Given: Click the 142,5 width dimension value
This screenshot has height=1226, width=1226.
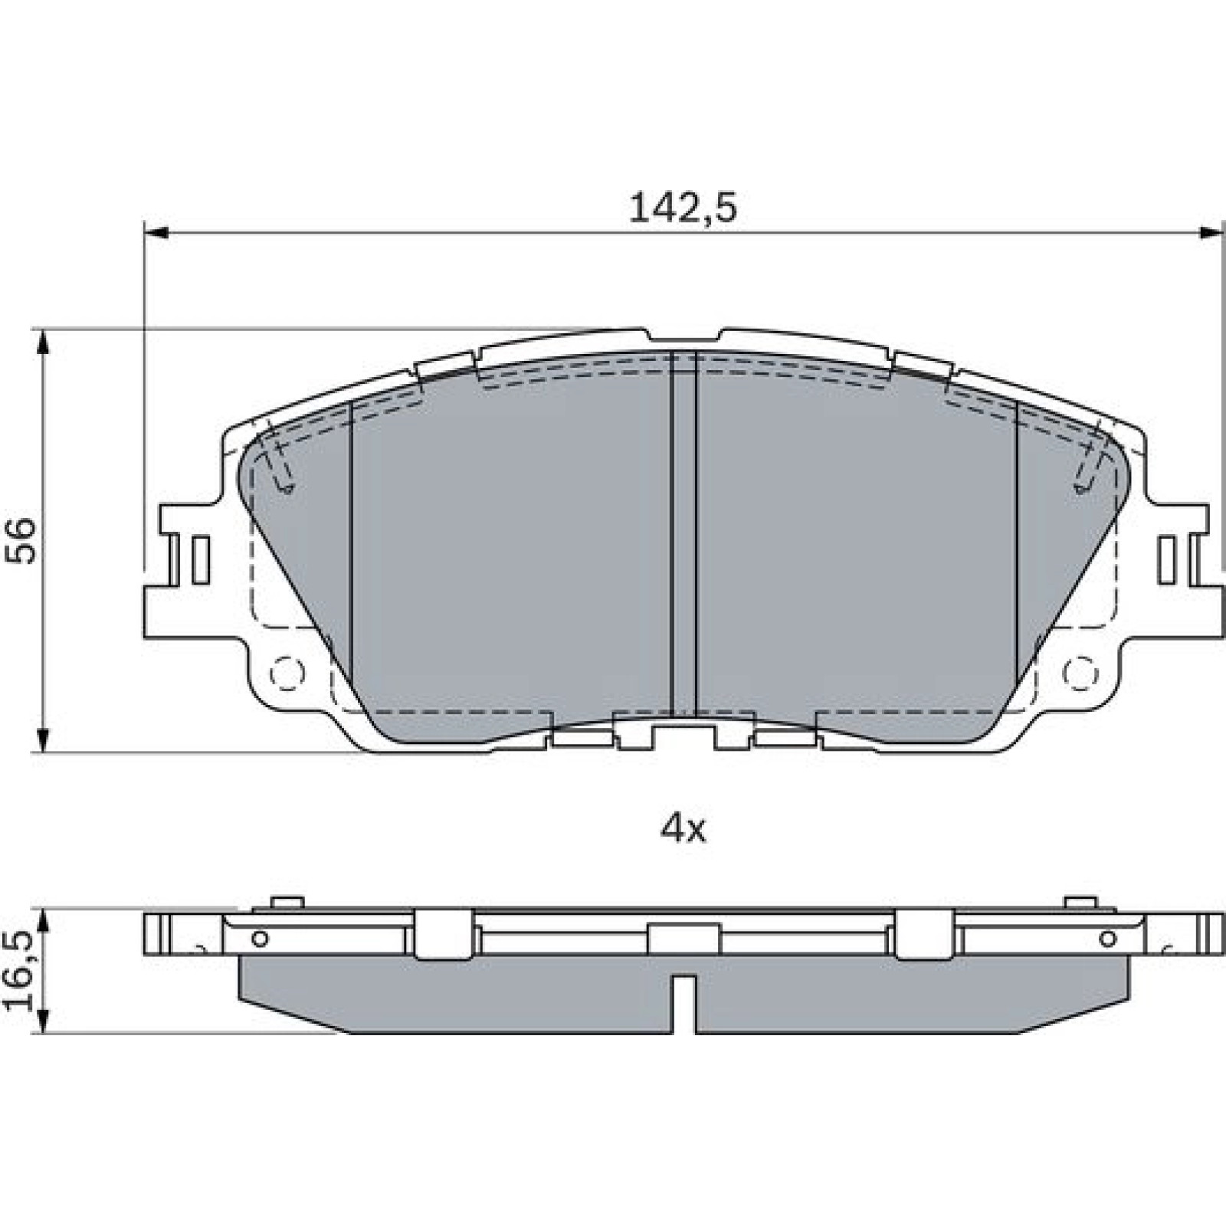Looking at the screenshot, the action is [683, 208].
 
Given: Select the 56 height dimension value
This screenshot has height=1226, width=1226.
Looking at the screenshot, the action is [21, 541].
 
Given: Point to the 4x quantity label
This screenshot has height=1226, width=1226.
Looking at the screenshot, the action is [683, 828].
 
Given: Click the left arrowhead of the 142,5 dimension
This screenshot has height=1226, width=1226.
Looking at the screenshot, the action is [156, 232].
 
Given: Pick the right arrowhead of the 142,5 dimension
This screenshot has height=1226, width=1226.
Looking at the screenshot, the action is [1211, 232].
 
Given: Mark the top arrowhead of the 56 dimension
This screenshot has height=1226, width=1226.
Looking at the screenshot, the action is [44, 343].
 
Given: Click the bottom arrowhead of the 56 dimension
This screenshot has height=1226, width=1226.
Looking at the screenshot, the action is [44, 740].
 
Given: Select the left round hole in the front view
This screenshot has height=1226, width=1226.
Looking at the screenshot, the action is [287, 673].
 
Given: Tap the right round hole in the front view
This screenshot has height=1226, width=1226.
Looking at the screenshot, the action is [1080, 673].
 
